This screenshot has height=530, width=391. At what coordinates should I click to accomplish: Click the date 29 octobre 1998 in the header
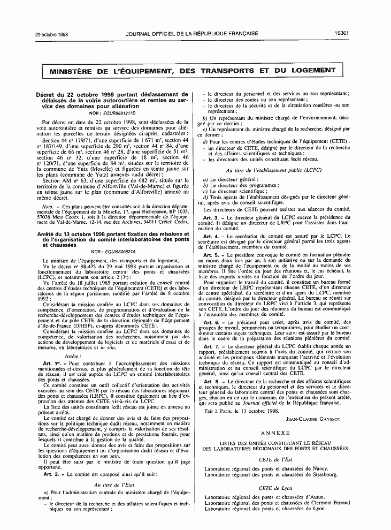pos(36,33)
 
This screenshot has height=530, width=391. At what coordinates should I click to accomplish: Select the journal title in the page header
pos(191,33)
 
